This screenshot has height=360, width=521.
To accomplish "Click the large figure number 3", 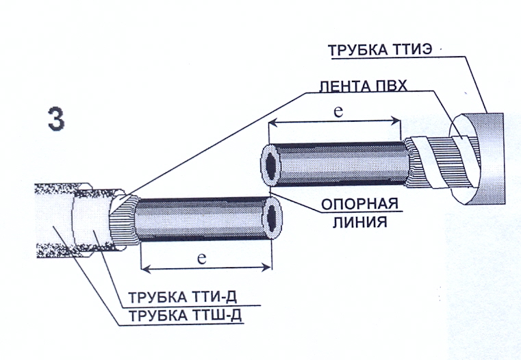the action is pos(56,120).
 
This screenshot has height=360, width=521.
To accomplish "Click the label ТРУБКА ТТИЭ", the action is pos(380,50).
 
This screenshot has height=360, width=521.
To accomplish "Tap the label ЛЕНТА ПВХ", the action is pos(363,86).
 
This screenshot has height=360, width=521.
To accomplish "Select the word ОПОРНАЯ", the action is pos(359,204).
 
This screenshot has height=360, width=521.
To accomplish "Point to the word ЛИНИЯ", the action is pos(360,222).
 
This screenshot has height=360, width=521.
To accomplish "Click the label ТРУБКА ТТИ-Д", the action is pos(182,297).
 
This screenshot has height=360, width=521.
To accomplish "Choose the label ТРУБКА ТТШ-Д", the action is pos(185,316).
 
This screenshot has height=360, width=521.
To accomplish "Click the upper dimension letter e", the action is pos(338,112).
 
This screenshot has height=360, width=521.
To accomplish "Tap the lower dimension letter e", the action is pos(202,258).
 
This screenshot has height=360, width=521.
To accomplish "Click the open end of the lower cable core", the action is pos(273,218).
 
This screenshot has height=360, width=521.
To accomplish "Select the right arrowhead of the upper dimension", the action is pos(396,121).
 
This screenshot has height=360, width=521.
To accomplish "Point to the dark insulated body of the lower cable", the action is pos(203,218).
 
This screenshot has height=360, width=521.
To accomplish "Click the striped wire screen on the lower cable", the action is pos(123,220).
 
